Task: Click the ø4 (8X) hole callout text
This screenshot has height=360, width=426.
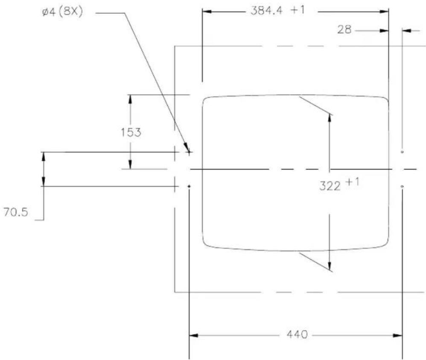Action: [62, 13]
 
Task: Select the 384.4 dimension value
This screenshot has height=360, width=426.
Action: [266, 11]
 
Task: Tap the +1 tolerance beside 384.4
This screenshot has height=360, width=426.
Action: [298, 10]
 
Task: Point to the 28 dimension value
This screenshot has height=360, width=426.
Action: [344, 29]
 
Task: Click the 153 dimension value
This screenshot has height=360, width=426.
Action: [131, 132]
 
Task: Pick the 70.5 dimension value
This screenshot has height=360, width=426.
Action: [15, 212]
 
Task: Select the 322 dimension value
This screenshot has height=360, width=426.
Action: [330, 186]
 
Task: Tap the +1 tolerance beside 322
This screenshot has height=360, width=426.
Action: [353, 181]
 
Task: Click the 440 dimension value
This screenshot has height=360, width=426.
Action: [297, 334]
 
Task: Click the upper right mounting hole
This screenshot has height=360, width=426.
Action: [402, 152]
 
